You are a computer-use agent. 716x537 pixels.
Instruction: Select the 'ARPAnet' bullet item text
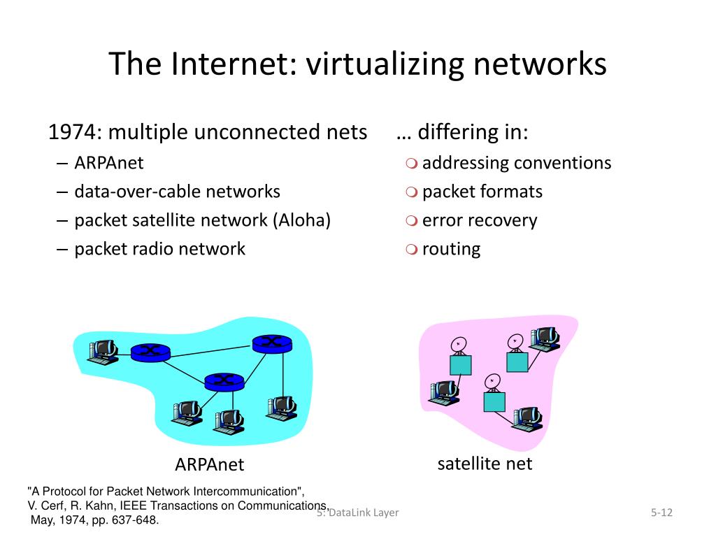(x=109, y=163)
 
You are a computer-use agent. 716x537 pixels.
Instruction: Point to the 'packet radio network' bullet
(x=159, y=249)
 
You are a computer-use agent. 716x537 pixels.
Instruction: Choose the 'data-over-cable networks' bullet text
(x=177, y=192)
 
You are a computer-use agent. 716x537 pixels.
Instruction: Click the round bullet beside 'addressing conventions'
(x=411, y=164)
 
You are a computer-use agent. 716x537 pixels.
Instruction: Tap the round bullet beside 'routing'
(x=411, y=250)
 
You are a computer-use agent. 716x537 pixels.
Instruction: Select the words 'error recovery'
(x=480, y=220)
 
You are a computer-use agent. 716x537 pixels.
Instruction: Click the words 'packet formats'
(x=482, y=192)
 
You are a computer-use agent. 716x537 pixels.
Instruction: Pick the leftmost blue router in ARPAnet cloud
(x=150, y=352)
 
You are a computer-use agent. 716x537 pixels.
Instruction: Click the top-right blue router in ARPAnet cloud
(x=272, y=343)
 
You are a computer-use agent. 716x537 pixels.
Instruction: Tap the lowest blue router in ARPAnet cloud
(x=224, y=380)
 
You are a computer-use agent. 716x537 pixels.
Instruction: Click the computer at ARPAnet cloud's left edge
(x=102, y=349)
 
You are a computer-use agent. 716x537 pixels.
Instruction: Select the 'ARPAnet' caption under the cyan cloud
(x=210, y=464)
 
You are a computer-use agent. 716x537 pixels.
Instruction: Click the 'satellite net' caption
(x=485, y=463)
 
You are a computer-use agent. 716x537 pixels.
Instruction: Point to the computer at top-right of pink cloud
(x=545, y=338)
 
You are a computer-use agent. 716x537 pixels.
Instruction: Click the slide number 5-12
(x=661, y=513)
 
